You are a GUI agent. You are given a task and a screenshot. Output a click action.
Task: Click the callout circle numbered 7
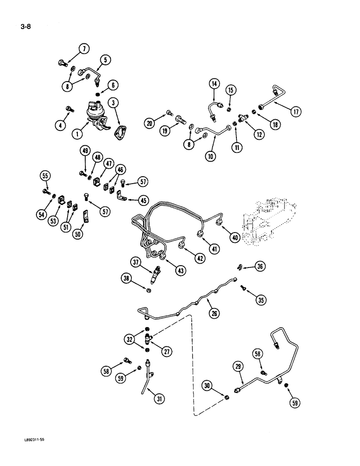tap(84, 48)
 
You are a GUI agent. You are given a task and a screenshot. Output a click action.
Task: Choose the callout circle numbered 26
tap(214, 314)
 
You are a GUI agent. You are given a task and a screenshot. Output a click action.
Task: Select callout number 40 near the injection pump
tap(235, 238)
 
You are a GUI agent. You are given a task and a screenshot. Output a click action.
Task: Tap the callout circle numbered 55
tap(45, 176)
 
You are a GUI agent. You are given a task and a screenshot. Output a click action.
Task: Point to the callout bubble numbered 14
tap(214, 84)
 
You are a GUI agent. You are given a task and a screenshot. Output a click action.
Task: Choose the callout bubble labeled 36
tap(260, 266)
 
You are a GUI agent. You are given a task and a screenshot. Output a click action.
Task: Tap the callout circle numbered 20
tap(149, 123)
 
